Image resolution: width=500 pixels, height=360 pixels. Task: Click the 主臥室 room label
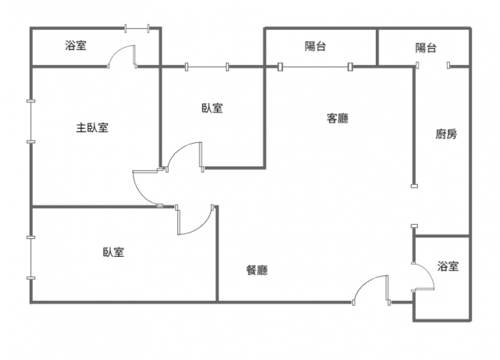(92, 128)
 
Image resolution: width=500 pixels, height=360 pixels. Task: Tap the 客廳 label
(337, 119)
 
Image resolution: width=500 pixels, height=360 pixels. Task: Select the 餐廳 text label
(257, 271)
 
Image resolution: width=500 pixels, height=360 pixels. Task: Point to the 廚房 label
(446, 134)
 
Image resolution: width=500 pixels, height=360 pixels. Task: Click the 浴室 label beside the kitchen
(448, 267)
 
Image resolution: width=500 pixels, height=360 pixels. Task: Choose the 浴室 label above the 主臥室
(76, 46)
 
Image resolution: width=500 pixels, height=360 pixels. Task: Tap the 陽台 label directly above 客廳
(316, 47)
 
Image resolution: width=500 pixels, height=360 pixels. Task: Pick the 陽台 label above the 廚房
(426, 48)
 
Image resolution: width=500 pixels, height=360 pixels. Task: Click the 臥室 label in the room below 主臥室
(113, 252)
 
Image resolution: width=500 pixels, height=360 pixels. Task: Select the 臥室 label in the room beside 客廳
(212, 109)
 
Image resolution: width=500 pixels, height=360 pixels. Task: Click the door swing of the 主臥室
(145, 187)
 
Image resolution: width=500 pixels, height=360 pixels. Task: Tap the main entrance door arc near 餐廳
(370, 289)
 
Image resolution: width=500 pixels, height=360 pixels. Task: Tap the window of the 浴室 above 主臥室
(137, 30)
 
